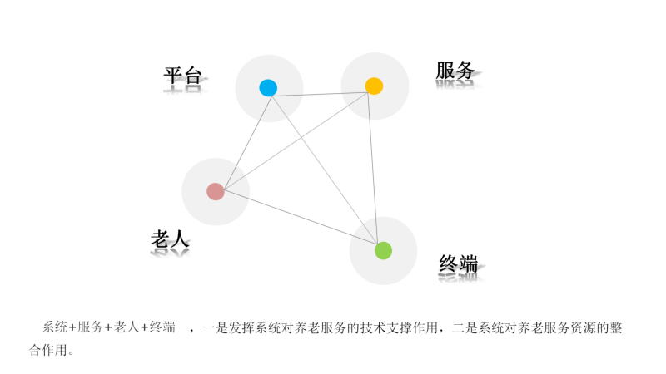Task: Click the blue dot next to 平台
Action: [268, 88]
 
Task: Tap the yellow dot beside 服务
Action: [374, 86]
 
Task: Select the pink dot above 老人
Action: [216, 192]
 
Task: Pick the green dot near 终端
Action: [383, 251]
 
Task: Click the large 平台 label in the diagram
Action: [182, 76]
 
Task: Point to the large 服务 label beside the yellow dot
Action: [455, 71]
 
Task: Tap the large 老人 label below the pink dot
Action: [170, 239]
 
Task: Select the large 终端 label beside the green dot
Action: [459, 263]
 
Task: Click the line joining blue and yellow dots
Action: [320, 95]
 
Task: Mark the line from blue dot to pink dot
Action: [248, 143]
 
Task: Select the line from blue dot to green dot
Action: [325, 170]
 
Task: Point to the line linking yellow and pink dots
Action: [296, 141]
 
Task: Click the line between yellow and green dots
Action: [372, 169]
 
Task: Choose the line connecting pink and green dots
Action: [301, 218]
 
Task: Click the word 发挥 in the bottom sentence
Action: [241, 327]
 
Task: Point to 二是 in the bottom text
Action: [465, 327]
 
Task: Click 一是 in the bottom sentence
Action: [216, 327]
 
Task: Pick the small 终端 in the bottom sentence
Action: [162, 327]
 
